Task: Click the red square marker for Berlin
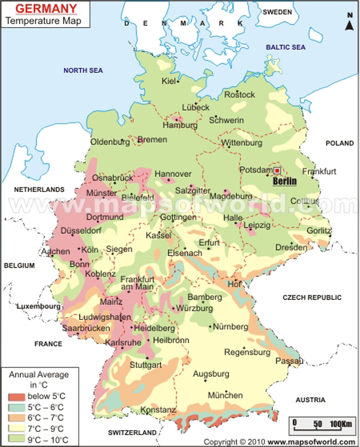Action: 277,171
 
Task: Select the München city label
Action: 225,395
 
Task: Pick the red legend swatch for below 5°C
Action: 17,397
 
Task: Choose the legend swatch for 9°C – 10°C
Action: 17,439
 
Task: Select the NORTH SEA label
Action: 83,70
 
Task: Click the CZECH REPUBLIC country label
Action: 312,298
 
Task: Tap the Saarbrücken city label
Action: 86,328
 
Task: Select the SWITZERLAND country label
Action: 133,432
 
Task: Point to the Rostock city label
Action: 239,94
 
